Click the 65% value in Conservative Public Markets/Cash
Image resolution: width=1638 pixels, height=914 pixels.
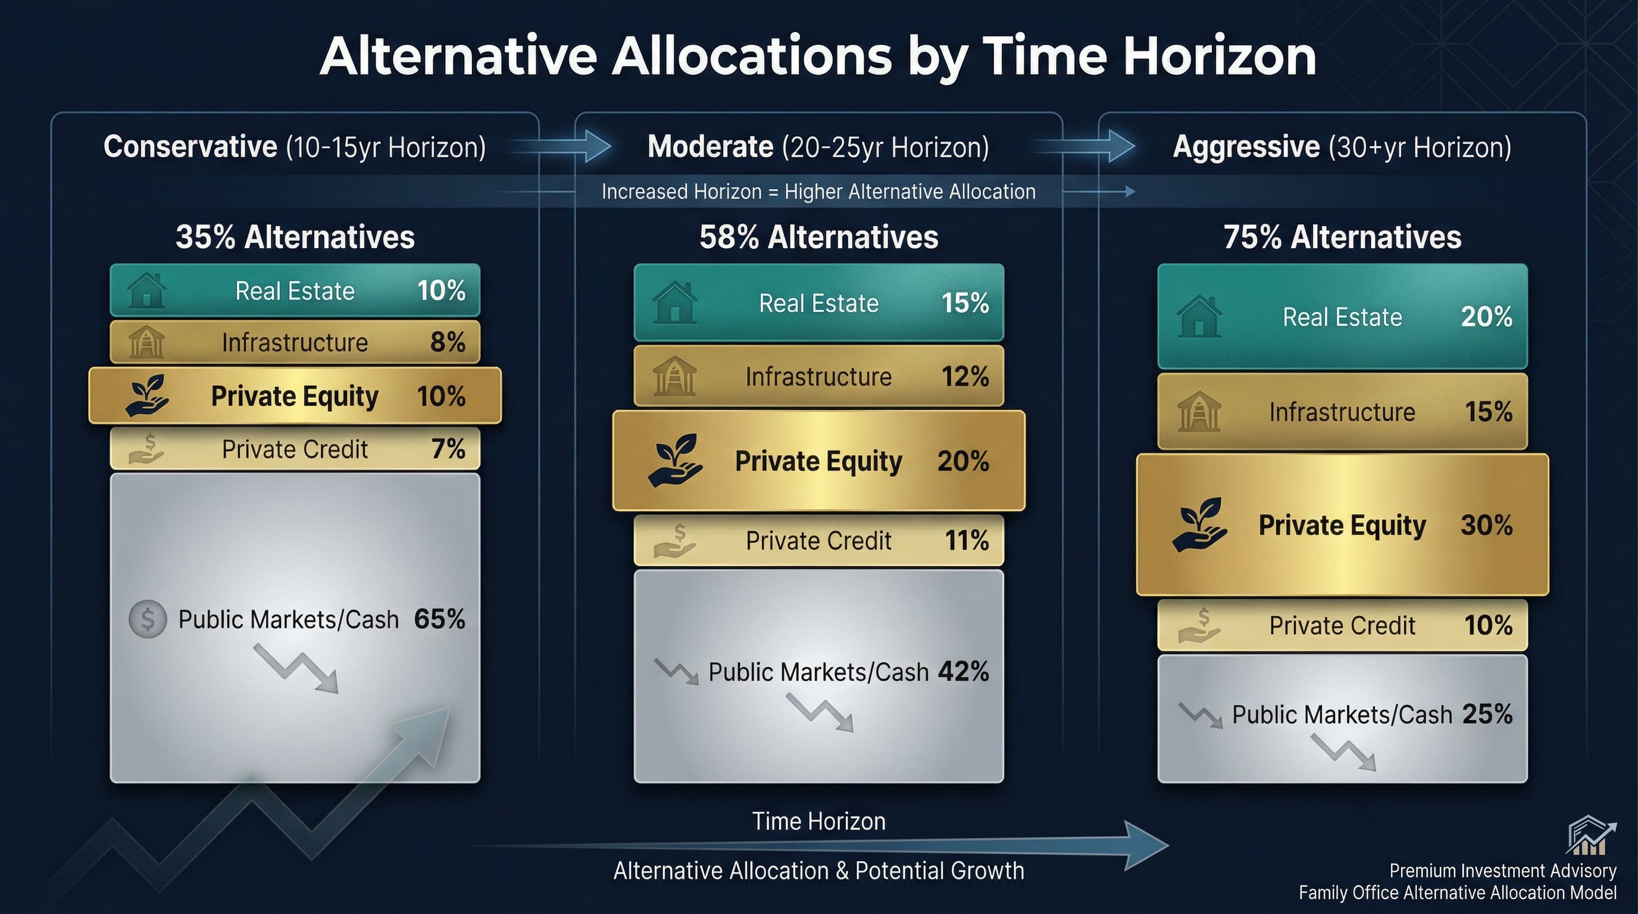click(x=439, y=619)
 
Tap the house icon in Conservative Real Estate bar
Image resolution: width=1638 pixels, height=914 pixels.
click(x=146, y=290)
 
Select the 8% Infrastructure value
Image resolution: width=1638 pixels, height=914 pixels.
click(x=448, y=343)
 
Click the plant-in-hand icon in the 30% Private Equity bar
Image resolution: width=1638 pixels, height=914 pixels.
click(x=1199, y=524)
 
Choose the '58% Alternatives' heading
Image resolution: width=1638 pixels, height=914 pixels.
click(x=818, y=237)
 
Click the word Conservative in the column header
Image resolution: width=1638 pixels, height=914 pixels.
click(x=190, y=147)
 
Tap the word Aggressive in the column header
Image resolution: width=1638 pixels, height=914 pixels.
click(x=1246, y=147)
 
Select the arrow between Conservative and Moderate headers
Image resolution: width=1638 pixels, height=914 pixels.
click(x=561, y=146)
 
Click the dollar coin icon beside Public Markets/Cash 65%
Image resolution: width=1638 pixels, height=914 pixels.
click(x=148, y=619)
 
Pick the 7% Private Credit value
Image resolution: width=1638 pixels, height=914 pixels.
click(x=448, y=449)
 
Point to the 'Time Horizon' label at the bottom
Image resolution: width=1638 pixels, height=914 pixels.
click(x=818, y=821)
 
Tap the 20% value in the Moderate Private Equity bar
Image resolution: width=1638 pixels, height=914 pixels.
click(x=962, y=461)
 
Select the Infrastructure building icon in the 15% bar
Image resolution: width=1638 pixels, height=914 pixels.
click(x=1199, y=412)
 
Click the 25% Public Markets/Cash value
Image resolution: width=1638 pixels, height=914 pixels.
click(x=1487, y=715)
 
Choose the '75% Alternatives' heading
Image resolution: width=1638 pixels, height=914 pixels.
click(x=1342, y=237)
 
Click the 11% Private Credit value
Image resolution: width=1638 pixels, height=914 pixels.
click(x=967, y=541)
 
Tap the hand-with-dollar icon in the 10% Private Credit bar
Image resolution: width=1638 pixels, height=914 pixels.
click(x=1199, y=625)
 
